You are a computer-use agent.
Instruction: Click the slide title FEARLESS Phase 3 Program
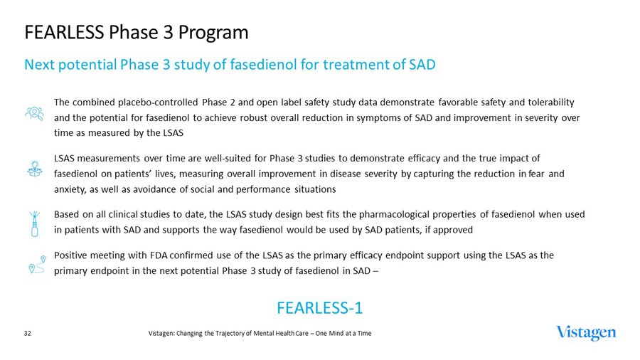(x=136, y=33)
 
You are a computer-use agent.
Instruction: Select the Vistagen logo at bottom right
(x=586, y=333)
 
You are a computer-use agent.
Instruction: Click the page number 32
(x=28, y=333)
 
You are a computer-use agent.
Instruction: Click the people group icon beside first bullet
(x=33, y=113)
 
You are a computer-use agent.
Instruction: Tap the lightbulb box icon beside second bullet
(x=33, y=168)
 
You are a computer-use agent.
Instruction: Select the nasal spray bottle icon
(x=33, y=223)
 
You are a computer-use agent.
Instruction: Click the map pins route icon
(x=36, y=264)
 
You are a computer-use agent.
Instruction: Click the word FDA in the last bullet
(x=158, y=255)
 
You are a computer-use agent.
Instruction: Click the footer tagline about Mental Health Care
(x=260, y=333)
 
